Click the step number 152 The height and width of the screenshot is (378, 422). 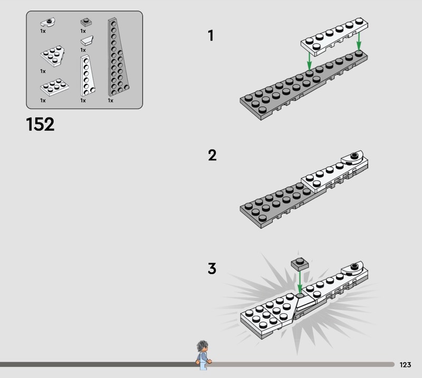click(x=40, y=124)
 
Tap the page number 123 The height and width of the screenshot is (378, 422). click(x=405, y=364)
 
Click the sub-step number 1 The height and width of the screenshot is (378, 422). click(x=210, y=35)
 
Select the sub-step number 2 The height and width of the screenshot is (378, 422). click(x=212, y=155)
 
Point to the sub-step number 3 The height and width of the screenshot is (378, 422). click(x=212, y=268)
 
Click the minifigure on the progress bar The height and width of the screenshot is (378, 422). click(x=204, y=355)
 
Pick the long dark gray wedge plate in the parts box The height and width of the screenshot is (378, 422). click(x=117, y=57)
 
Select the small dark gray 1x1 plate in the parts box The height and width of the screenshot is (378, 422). click(x=86, y=22)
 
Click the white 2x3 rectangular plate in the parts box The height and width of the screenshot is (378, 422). click(x=55, y=87)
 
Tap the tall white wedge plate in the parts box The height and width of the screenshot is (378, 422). click(x=87, y=75)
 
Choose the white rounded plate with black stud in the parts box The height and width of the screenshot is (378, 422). click(x=47, y=22)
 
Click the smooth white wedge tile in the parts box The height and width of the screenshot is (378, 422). click(x=87, y=41)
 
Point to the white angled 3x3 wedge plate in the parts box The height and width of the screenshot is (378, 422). click(x=53, y=56)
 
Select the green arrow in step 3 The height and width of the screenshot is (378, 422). click(x=300, y=282)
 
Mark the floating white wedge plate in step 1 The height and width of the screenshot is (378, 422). click(x=334, y=37)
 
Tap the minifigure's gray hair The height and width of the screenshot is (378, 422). click(x=202, y=345)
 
